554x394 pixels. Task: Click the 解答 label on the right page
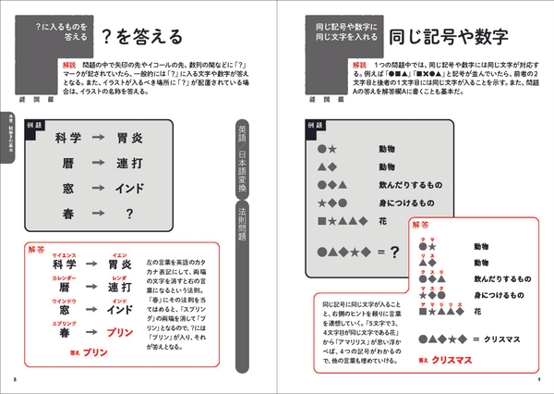click(421, 224)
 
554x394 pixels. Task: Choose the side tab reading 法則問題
click(242, 226)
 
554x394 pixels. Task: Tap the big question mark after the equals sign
click(393, 251)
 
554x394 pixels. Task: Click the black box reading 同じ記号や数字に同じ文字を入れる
click(342, 37)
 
